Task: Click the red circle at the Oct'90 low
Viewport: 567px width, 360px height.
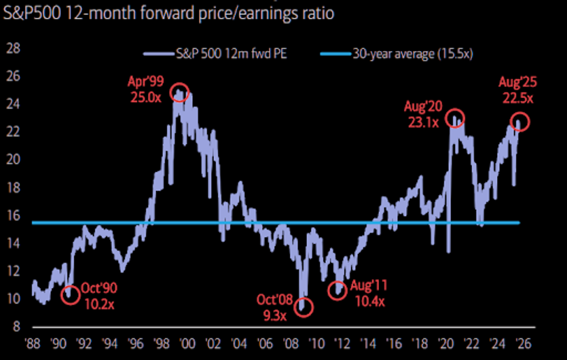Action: point(70,294)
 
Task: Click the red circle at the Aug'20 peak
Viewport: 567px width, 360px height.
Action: point(455,117)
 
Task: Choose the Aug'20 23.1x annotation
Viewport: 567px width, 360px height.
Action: point(423,114)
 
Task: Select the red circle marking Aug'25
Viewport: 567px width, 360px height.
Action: point(520,122)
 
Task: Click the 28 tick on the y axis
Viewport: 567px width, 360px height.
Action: point(13,48)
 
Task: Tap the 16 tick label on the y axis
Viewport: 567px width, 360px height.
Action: point(13,216)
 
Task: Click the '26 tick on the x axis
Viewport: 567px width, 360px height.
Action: point(523,343)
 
